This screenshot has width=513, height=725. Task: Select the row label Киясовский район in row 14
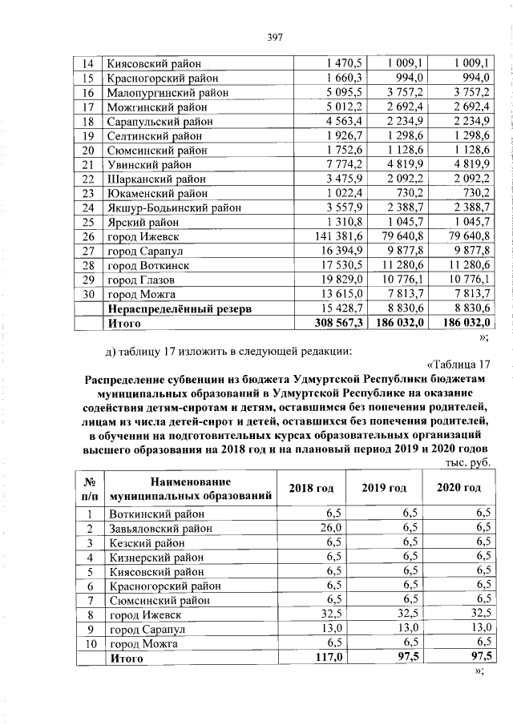point(152,63)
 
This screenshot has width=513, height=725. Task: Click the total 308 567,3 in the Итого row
point(339,324)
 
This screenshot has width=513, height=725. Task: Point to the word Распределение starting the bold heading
point(132,379)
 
